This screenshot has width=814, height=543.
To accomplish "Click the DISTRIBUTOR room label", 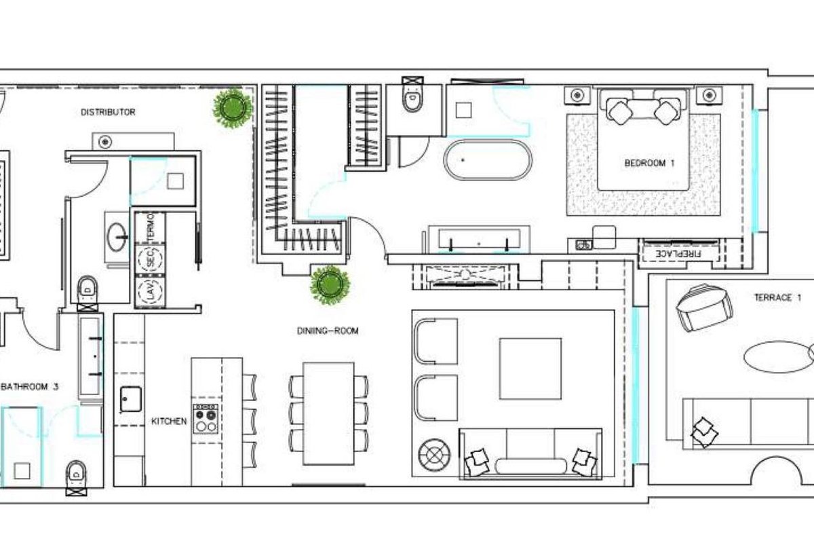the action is pyautogui.click(x=108, y=112).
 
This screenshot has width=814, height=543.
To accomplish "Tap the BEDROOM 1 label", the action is pyautogui.click(x=649, y=163).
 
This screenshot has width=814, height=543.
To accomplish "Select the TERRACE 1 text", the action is pyautogui.click(x=778, y=297).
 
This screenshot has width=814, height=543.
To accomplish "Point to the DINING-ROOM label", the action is pyautogui.click(x=328, y=331).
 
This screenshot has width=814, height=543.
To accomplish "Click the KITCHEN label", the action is pyautogui.click(x=169, y=421).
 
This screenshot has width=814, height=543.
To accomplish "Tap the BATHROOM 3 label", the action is pyautogui.click(x=29, y=387).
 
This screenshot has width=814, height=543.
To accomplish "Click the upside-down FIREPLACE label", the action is pyautogui.click(x=678, y=253).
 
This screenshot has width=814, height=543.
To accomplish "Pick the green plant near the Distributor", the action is pyautogui.click(x=233, y=108).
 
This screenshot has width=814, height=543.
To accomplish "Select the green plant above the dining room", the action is pyautogui.click(x=330, y=285).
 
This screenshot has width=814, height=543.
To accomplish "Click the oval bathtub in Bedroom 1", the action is pyautogui.click(x=488, y=160).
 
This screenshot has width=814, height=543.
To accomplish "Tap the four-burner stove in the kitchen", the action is pyautogui.click(x=206, y=419).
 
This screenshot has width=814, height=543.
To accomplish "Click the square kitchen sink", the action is pyautogui.click(x=131, y=399).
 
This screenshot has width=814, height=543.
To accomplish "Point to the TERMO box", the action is pyautogui.click(x=150, y=227).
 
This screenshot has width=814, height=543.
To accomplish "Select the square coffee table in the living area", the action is pyautogui.click(x=530, y=369).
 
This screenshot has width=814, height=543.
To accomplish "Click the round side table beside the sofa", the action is pyautogui.click(x=434, y=455).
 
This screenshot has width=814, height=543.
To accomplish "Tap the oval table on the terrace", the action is pyautogui.click(x=774, y=357).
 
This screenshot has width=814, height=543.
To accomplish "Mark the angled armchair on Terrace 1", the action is pyautogui.click(x=703, y=307).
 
